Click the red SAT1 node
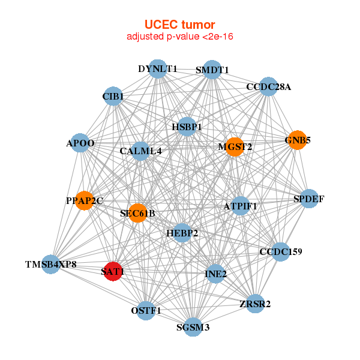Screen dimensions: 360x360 [113, 271]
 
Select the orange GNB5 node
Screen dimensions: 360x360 [297, 140]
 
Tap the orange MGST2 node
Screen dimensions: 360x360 [235, 146]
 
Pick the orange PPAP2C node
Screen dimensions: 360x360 [85, 200]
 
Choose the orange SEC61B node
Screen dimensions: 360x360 [137, 213]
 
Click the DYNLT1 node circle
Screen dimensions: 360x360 [157, 69]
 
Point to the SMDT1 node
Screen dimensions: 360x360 [212, 70]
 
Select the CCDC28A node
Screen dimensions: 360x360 [268, 87]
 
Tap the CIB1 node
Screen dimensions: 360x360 [113, 96]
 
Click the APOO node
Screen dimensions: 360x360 [80, 143]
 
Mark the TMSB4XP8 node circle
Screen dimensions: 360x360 [51, 264]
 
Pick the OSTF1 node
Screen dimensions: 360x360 [146, 310]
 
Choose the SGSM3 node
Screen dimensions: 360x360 [193, 327]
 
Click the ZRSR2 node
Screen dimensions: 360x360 [255, 304]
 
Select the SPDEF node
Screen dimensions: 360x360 [308, 199]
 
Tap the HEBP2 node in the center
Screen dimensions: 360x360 [182, 232]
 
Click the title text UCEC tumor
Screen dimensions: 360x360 [179, 25]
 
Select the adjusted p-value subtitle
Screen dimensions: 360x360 [179, 37]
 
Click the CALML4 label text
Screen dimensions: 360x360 [140, 151]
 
